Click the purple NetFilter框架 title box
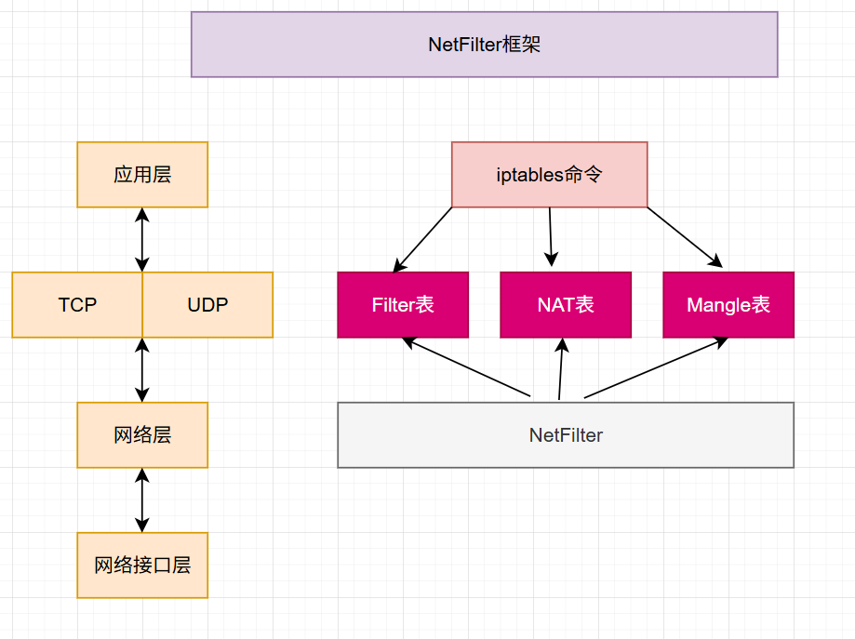[484, 44]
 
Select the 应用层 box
[142, 175]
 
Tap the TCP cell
[77, 305]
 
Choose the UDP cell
[207, 305]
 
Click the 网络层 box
[142, 435]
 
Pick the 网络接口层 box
[142, 566]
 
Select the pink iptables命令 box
[549, 175]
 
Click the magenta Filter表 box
[402, 305]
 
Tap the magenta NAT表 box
[565, 305]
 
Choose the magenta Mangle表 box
[728, 305]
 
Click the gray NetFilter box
[565, 435]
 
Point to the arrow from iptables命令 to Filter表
[422, 239]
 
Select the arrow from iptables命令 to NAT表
[550, 237]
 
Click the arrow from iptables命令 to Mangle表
[685, 237]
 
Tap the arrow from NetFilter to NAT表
[560, 369]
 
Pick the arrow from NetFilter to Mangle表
[656, 368]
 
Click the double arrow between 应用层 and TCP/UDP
[141, 240]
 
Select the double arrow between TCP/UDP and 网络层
[141, 370]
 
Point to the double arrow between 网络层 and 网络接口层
[141, 500]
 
